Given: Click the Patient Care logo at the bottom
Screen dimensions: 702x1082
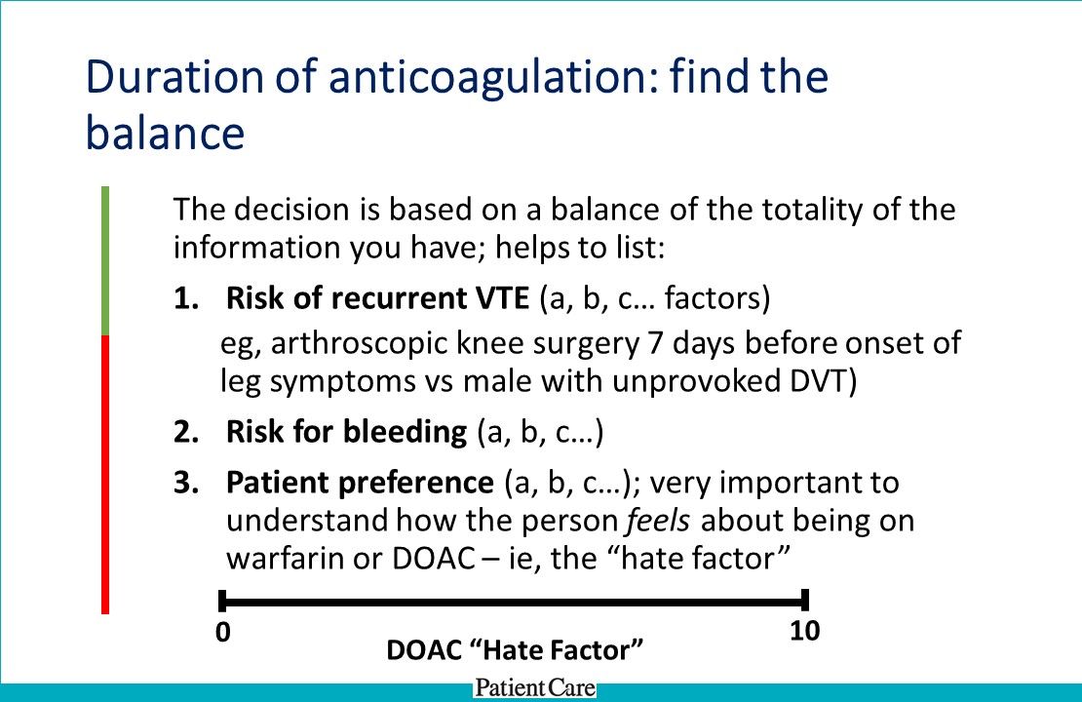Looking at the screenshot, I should point(534,688).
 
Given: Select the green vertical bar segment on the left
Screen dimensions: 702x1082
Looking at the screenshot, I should point(105,260).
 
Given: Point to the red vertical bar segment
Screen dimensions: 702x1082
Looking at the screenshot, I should point(105,474).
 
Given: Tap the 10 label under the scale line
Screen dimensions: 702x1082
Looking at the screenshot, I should point(804,631).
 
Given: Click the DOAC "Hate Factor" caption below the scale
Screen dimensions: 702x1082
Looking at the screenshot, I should point(517,649).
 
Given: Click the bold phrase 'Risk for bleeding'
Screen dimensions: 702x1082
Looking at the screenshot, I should point(346,432).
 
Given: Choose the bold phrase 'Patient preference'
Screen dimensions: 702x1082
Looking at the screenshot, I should point(360,482).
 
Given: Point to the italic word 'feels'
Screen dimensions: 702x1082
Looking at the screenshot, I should point(659,521).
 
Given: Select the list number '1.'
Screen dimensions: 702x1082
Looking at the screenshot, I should point(185,298).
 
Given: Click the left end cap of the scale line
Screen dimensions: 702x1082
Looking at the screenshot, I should point(223,601).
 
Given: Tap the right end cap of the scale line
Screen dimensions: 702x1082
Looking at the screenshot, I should point(804,601).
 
